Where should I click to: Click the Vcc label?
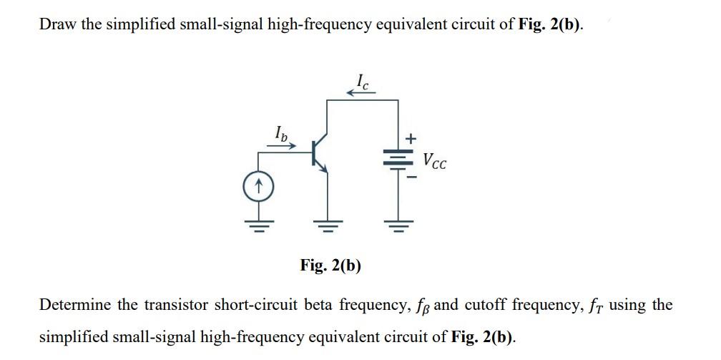click(434, 161)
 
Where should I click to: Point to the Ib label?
click(282, 132)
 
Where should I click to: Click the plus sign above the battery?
click(411, 137)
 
